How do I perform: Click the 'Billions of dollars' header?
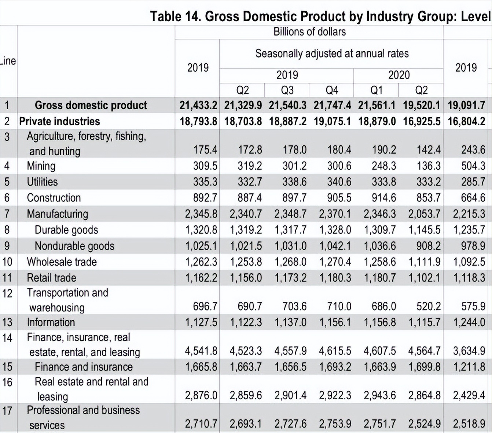[x=309, y=32]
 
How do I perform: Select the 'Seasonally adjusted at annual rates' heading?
[x=332, y=53]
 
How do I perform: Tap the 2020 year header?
[x=399, y=75]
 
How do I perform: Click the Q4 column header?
[x=332, y=90]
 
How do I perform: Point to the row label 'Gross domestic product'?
[x=91, y=106]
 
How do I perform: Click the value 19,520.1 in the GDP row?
[x=421, y=106]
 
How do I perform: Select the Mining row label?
[x=41, y=166]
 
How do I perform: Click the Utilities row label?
[x=42, y=182]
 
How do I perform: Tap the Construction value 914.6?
[x=383, y=198]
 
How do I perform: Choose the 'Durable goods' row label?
[x=66, y=230]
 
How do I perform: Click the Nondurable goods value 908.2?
[x=428, y=246]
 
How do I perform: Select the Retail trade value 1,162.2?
[x=201, y=278]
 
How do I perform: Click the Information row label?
[x=51, y=322]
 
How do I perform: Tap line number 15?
[x=7, y=367]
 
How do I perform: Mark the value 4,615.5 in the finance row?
[x=335, y=351]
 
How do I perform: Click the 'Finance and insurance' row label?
[x=84, y=367]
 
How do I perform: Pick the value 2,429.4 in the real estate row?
[x=469, y=395]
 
